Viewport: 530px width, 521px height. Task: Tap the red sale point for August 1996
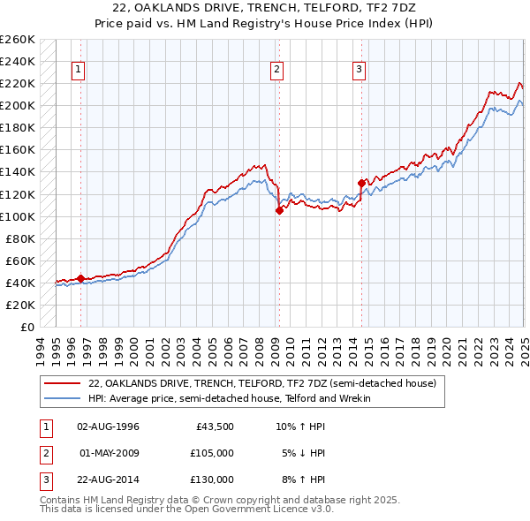click(80, 278)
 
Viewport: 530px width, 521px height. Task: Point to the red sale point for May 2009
click(279, 210)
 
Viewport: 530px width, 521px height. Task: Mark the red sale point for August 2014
click(361, 183)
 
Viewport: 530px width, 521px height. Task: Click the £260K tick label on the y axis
click(18, 40)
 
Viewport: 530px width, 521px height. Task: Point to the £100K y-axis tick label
click(18, 216)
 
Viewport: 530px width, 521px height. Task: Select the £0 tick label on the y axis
click(26, 327)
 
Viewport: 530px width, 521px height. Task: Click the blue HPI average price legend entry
click(229, 398)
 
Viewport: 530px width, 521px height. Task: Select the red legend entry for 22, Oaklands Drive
click(261, 384)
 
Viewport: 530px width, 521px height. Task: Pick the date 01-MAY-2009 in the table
click(109, 453)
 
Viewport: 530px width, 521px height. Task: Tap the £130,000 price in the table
click(212, 479)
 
